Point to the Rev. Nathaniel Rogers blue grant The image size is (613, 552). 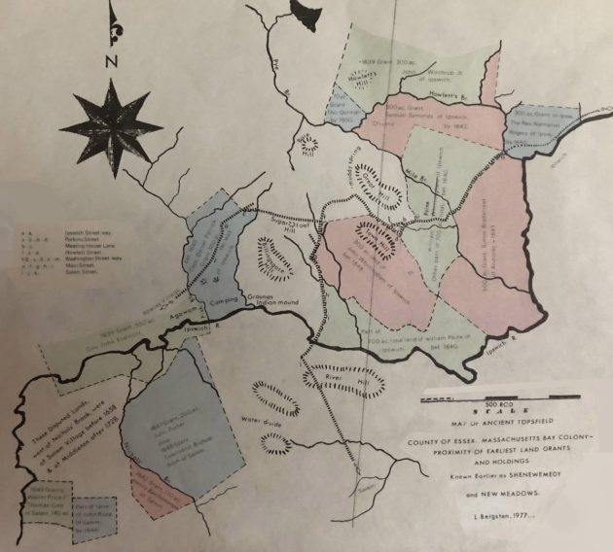(536, 126)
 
